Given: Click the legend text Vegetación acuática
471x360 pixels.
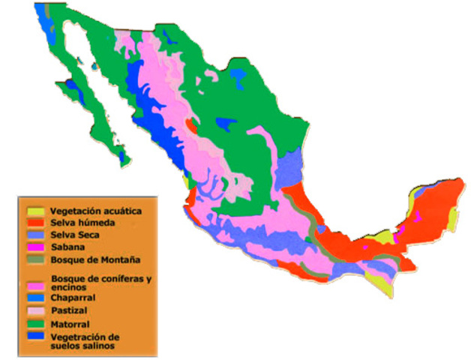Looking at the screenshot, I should pos(96,211).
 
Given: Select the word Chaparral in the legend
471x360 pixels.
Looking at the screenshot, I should pos(73,296).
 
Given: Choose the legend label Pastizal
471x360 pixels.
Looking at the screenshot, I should pos(70,310).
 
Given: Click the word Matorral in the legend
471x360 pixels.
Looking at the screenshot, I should pos(70,324).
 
